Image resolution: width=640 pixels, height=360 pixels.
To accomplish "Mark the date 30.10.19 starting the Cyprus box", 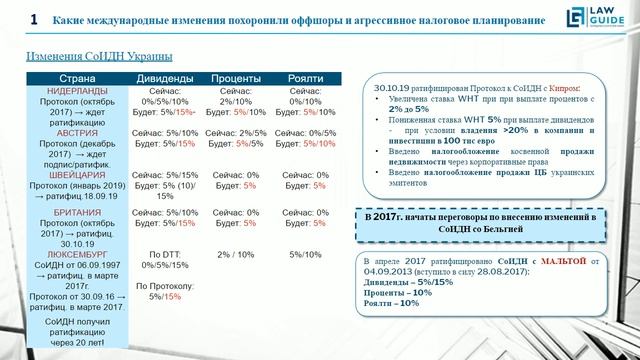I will [390, 88].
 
